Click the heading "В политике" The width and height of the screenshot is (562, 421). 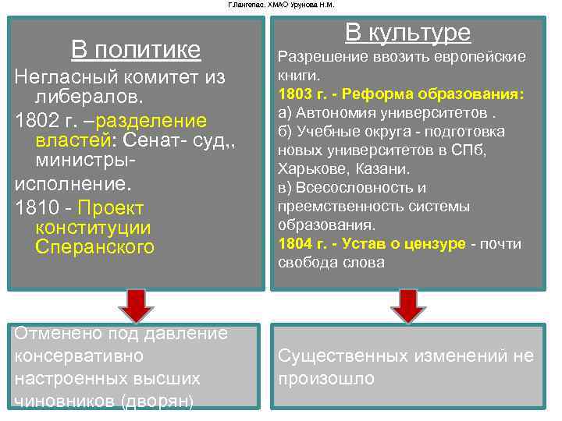tap(136, 51)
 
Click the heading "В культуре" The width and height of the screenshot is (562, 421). tap(407, 33)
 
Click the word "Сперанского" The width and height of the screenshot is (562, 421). tap(95, 247)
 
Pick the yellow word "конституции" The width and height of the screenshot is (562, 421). tap(93, 228)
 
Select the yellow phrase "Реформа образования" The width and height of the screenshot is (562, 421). tap(444, 94)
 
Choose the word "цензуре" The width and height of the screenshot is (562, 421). tap(438, 244)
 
